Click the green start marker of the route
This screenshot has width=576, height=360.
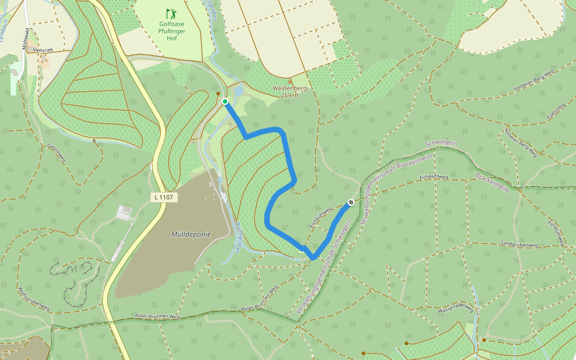(225, 101)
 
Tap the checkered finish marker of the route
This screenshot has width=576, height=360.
(350, 203)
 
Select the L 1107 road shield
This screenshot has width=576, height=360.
(165, 197)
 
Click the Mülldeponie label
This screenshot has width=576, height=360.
(191, 234)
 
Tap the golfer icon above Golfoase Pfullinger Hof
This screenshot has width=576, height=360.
(172, 13)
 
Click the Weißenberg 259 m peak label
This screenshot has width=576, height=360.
(290, 92)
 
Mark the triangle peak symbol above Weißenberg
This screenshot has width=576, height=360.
(290, 80)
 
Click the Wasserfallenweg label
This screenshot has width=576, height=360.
(456, 310)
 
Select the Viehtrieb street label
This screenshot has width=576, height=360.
(44, 50)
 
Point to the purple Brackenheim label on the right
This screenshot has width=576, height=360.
(492, 182)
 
